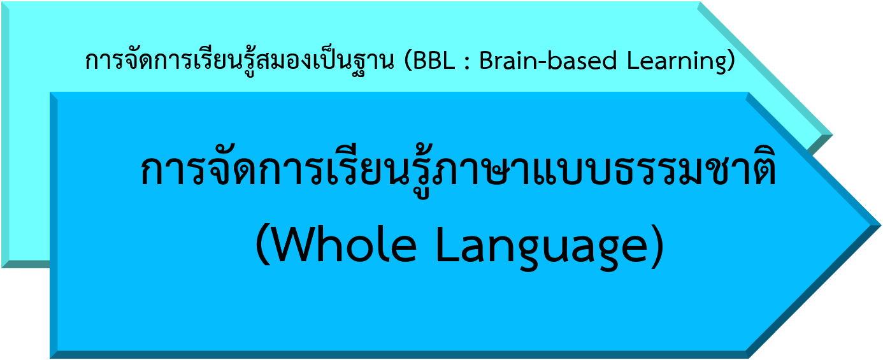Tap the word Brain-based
[548, 61]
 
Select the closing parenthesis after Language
[657, 245]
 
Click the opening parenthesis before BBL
[408, 61]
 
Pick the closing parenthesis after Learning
[731, 61]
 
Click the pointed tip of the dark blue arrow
[881, 226]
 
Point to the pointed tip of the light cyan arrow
[832, 135]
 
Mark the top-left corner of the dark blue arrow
[50, 92]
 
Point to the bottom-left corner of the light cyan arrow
[1, 268]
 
